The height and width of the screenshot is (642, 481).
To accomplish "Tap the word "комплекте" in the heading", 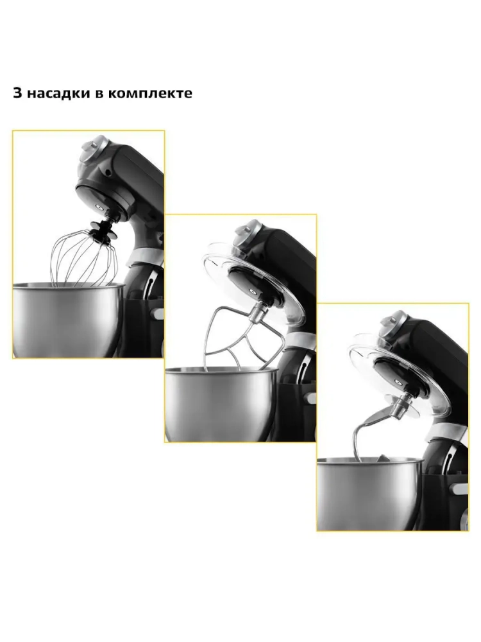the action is click(150, 93).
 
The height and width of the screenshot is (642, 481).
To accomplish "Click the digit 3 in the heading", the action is click(17, 93).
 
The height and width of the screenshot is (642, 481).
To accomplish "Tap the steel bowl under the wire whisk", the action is click(69, 319).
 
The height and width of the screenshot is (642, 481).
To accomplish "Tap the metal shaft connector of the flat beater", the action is click(258, 314).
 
